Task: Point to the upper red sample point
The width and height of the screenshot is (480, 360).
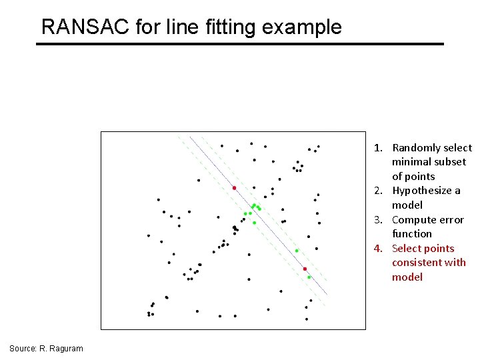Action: coord(234,188)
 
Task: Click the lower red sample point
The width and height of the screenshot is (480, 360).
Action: coord(305,269)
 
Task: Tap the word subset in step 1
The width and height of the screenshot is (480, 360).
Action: coord(451,162)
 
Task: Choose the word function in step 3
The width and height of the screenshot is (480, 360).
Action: coord(411,234)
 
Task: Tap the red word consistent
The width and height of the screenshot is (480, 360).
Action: coord(419,263)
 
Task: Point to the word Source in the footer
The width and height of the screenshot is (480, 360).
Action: coord(23,349)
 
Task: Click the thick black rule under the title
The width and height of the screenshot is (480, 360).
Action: coord(240,44)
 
